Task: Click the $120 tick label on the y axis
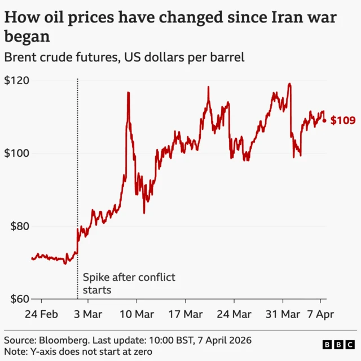pos(17,81)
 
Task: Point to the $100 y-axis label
pos(17,153)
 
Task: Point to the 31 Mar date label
pos(283,314)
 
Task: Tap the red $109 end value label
pos(343,120)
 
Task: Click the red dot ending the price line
pos(324,120)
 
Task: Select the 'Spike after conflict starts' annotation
pos(129,284)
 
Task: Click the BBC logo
pos(337,344)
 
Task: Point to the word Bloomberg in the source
pos(63,341)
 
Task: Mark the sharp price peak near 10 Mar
pos(128,93)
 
